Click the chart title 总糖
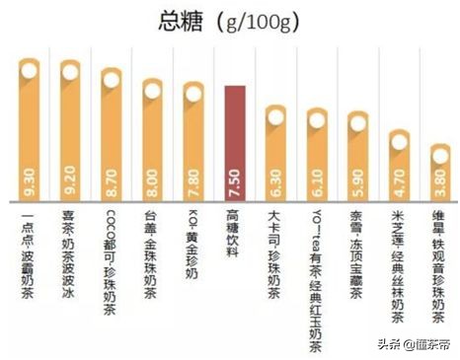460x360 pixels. (181, 23)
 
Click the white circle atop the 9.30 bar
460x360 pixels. (29, 70)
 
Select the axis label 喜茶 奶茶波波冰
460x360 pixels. (70, 241)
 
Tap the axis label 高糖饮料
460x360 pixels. (234, 233)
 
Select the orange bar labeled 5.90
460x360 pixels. (357, 158)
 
